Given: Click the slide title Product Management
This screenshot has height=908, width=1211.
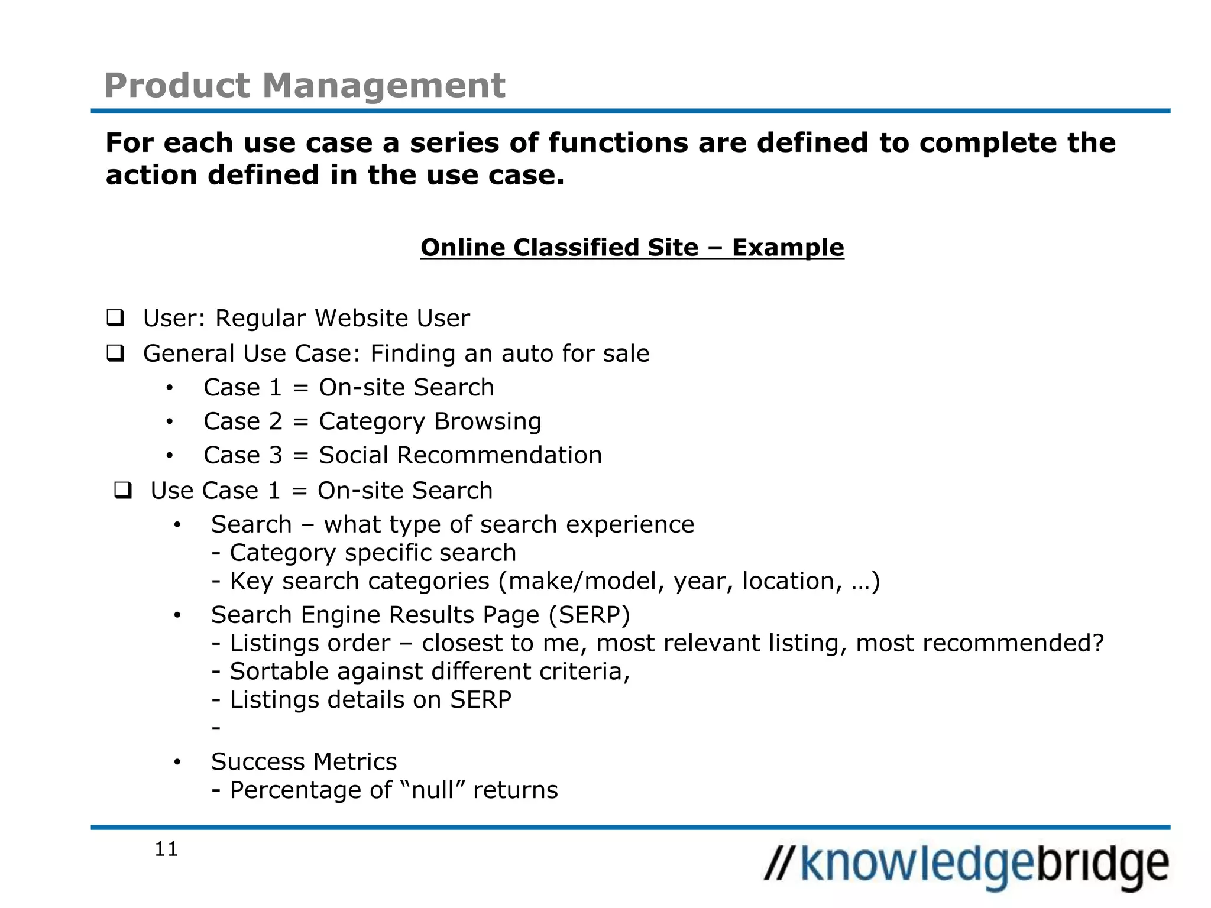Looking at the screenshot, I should coord(305,85).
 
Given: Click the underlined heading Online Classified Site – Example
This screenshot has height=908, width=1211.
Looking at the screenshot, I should coord(632,248).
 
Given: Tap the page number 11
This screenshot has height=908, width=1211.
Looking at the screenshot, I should coord(166,849).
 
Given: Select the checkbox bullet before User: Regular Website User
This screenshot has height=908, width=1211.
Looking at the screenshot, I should coord(115,318).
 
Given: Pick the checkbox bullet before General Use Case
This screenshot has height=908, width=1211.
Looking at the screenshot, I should coord(115,354).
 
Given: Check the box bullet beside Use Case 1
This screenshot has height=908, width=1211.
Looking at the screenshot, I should coord(123,491).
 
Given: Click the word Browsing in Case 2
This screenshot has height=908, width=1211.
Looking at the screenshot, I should coord(487,421).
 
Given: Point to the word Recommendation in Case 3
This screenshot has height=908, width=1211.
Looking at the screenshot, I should coord(500,456).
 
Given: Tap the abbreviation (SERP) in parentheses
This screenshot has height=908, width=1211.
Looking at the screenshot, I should coord(589,615).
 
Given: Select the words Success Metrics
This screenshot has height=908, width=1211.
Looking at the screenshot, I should coord(304,762).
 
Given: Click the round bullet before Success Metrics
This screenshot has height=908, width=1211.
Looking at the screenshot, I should coord(177,763).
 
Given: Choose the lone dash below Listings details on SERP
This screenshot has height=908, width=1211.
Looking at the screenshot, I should coord(216,728).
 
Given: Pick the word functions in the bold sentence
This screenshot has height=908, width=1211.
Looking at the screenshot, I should coord(618,143).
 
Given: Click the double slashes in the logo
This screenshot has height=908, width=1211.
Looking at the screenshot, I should coord(781,864).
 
